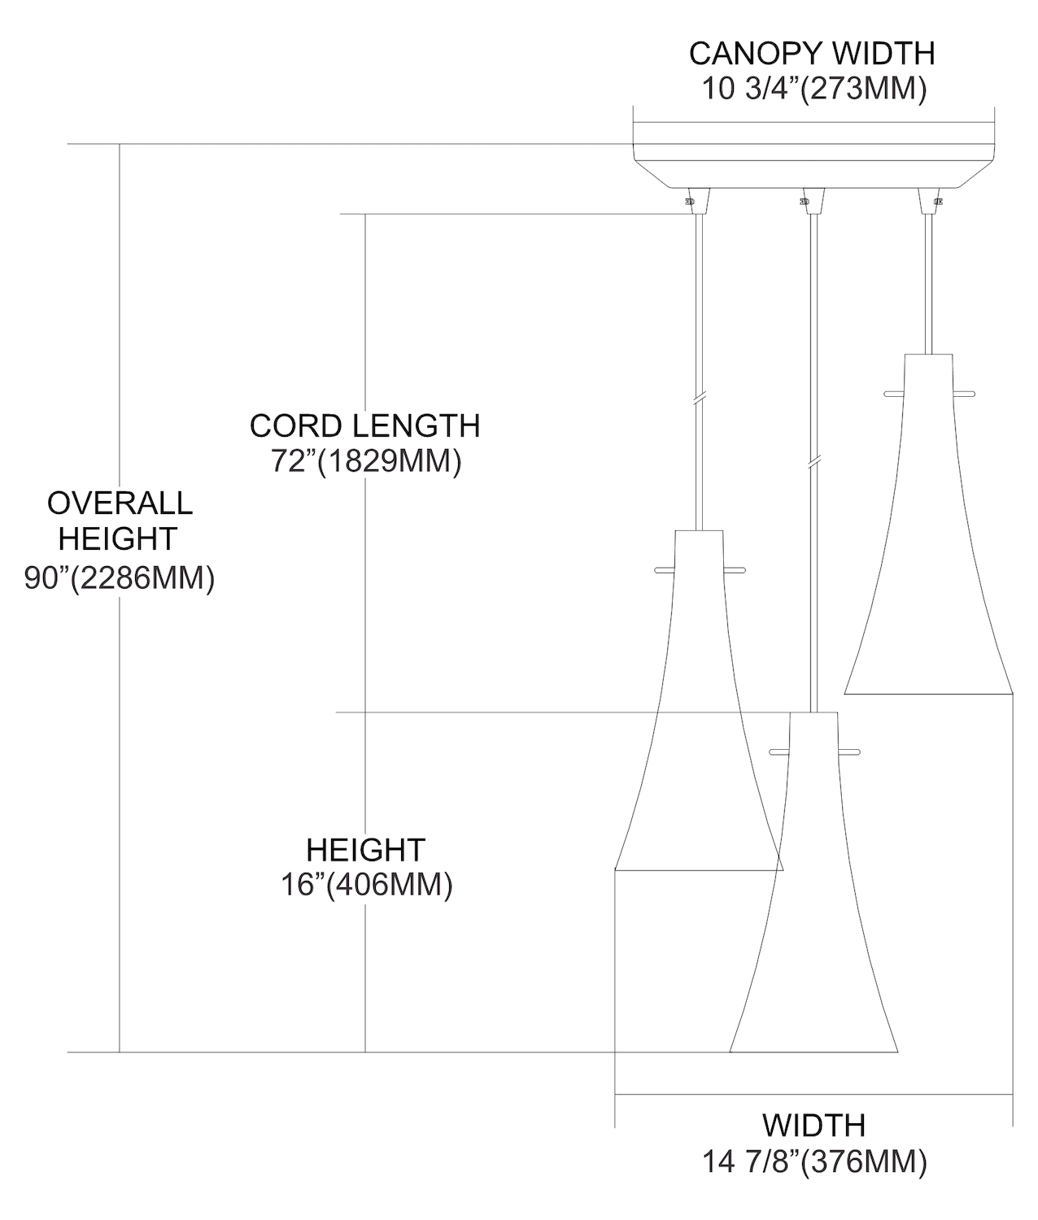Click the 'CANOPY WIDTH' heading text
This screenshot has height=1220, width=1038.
812,54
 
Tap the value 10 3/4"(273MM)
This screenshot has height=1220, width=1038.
814,89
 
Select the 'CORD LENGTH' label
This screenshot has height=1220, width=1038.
364,425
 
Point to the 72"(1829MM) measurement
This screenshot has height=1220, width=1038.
366,461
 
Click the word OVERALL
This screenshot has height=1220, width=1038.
120,503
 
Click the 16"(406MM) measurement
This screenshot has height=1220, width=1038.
366,884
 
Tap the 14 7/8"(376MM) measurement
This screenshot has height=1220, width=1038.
814,1161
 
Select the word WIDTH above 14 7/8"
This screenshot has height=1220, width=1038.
813,1126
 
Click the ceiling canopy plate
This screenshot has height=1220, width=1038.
813,155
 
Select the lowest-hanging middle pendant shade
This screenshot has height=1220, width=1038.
813,911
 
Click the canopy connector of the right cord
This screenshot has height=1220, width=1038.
928,200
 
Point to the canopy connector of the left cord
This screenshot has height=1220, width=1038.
698,200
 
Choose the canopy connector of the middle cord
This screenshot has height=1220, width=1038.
813,200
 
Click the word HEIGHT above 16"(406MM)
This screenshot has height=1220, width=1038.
365,850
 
